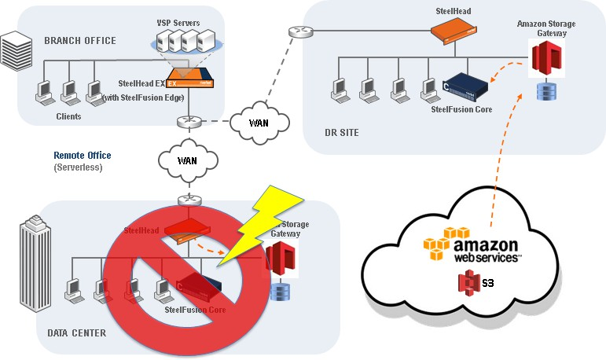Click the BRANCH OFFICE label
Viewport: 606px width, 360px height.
[x=80, y=41]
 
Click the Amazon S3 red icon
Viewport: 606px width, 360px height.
[x=469, y=282]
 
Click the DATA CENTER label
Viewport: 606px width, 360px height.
[x=76, y=333]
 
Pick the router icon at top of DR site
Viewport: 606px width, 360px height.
[x=299, y=32]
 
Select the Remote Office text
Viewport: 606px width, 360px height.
[x=83, y=156]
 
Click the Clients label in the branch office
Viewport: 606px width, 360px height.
[x=69, y=116]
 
